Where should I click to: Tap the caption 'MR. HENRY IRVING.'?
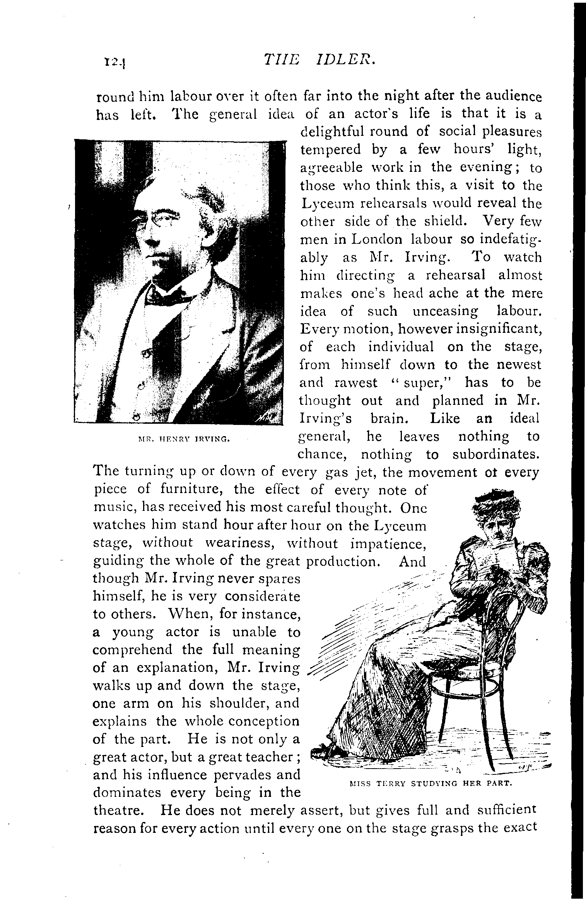[x=184, y=439]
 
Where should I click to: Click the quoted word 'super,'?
[x=421, y=383]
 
